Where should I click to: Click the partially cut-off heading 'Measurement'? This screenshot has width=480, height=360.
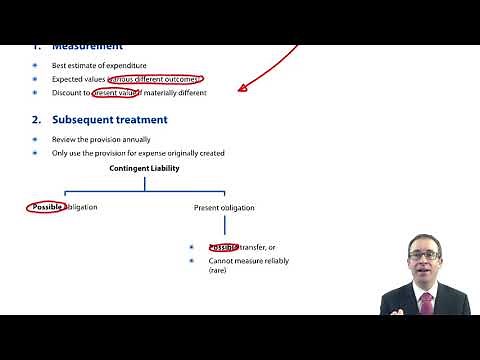coord(88,47)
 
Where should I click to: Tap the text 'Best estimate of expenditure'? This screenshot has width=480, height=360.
coord(98,65)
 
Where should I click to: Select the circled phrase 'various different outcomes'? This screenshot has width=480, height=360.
coord(154,79)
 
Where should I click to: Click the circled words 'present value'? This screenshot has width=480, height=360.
coord(117,93)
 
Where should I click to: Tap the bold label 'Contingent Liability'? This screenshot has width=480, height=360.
coord(144,169)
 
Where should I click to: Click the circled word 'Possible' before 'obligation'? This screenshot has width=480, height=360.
coord(47,207)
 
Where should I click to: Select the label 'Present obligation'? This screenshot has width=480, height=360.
coord(224,208)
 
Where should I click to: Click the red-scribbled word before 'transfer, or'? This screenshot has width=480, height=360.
coord(223,247)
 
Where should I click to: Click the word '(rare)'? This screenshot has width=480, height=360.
coord(219,271)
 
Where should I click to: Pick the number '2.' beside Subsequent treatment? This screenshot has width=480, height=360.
coord(36,120)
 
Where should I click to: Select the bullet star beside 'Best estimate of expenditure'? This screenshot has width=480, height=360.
coord(35,65)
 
